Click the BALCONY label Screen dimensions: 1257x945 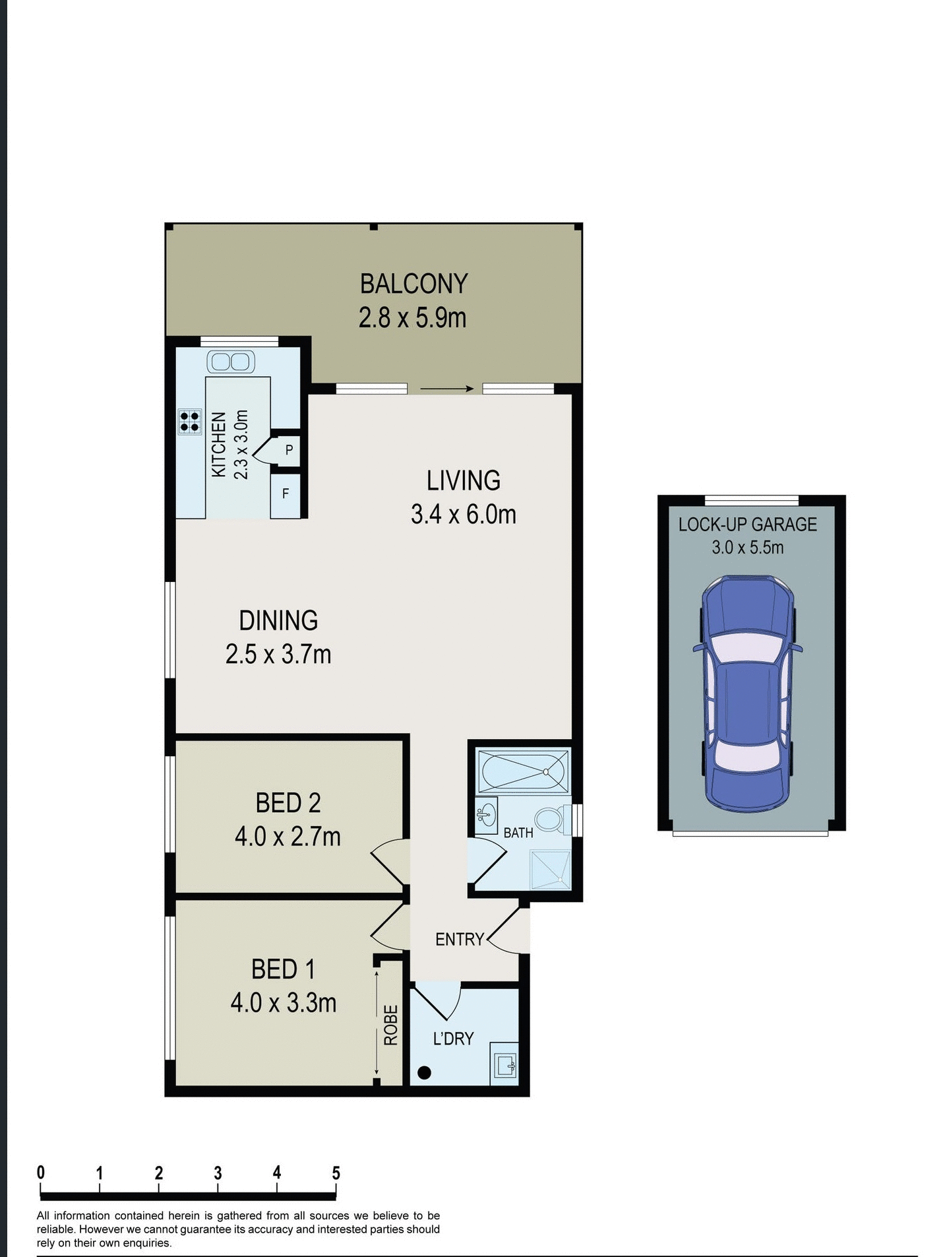(x=413, y=284)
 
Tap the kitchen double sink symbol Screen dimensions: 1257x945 (x=231, y=362)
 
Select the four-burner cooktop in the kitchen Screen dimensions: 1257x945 (x=189, y=422)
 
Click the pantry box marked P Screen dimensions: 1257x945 (x=288, y=450)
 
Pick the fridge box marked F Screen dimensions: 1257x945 (x=286, y=494)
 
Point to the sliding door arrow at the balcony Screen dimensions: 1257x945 (x=446, y=389)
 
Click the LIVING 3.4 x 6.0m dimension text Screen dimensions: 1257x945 (x=463, y=515)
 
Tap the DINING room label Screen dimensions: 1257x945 (x=278, y=620)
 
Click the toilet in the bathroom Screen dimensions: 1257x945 (x=549, y=820)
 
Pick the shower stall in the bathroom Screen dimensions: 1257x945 (x=551, y=870)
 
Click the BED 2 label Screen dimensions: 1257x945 (x=288, y=803)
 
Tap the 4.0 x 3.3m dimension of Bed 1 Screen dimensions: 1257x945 (x=284, y=1003)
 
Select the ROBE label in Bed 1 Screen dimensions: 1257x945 (x=391, y=1025)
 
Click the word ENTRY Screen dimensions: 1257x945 (x=460, y=939)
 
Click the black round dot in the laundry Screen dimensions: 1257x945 (x=425, y=1073)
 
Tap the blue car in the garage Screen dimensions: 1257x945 (x=747, y=693)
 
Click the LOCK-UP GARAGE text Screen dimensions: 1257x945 (x=747, y=525)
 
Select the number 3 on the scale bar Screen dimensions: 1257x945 (x=218, y=1173)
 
